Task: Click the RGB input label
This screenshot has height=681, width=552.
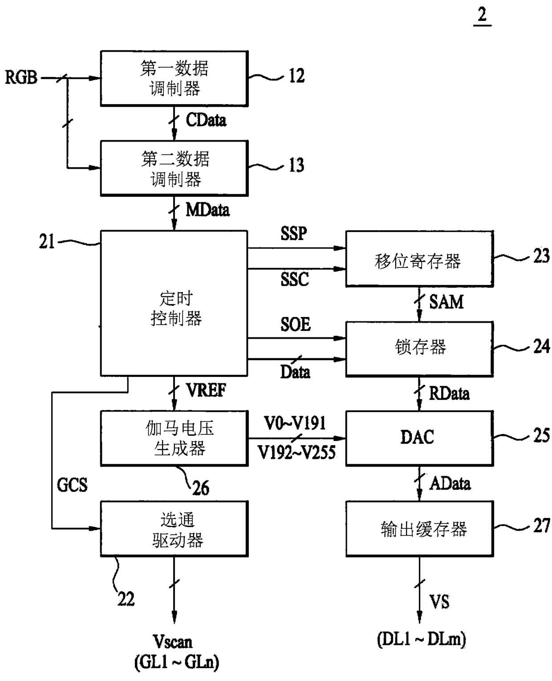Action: click(x=21, y=78)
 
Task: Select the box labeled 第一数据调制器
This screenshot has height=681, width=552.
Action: click(x=175, y=78)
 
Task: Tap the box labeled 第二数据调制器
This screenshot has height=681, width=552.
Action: click(x=175, y=168)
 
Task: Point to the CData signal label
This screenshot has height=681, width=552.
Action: click(x=206, y=120)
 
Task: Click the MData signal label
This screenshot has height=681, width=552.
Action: click(x=207, y=210)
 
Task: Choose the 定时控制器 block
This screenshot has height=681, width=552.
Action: click(x=174, y=303)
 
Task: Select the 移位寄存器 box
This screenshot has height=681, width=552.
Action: click(x=419, y=259)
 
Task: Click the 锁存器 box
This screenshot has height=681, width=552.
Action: click(x=419, y=349)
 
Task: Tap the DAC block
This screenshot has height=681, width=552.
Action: click(x=419, y=438)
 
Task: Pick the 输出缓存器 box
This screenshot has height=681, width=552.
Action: click(x=419, y=529)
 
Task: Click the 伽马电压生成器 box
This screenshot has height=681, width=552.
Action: click(x=175, y=438)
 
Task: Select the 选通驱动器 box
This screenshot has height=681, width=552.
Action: click(x=175, y=529)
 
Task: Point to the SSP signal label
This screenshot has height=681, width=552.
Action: click(x=294, y=233)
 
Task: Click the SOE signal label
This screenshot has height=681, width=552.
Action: click(x=296, y=324)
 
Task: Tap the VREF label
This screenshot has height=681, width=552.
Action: click(x=206, y=390)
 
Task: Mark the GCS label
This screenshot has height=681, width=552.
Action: click(x=72, y=485)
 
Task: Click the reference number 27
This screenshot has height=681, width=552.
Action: click(x=541, y=525)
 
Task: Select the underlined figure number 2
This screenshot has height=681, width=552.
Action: click(x=482, y=15)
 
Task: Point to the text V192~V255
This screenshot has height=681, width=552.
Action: click(x=297, y=452)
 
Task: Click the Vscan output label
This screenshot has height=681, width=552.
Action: click(x=173, y=642)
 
